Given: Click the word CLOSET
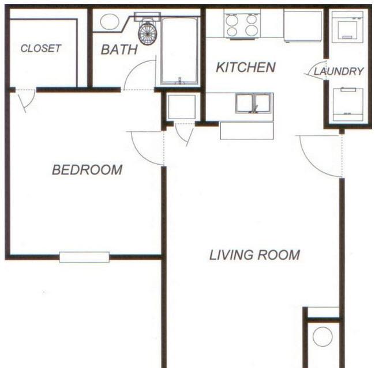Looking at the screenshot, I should point(40,49).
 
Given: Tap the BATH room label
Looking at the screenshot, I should point(119,50).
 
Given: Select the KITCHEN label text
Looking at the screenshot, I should point(245,67).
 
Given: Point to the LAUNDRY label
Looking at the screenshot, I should point(339,71).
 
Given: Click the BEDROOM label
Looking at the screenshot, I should point(87,170).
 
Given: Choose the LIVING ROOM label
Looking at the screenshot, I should point(254,255).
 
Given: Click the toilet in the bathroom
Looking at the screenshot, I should point(148,32).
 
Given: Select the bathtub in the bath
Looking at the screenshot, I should point(179,51).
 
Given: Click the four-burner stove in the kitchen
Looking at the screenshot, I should point(242,24).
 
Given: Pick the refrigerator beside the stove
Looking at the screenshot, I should point(302,26).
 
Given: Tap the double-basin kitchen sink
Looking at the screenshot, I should point(253,103).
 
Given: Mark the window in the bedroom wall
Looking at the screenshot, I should point(84,257).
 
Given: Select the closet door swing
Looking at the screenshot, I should point(24,101).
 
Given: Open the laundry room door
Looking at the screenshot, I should point(318,70).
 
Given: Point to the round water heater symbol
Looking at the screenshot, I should point(322,336).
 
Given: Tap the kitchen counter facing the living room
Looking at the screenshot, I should point(246,131).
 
